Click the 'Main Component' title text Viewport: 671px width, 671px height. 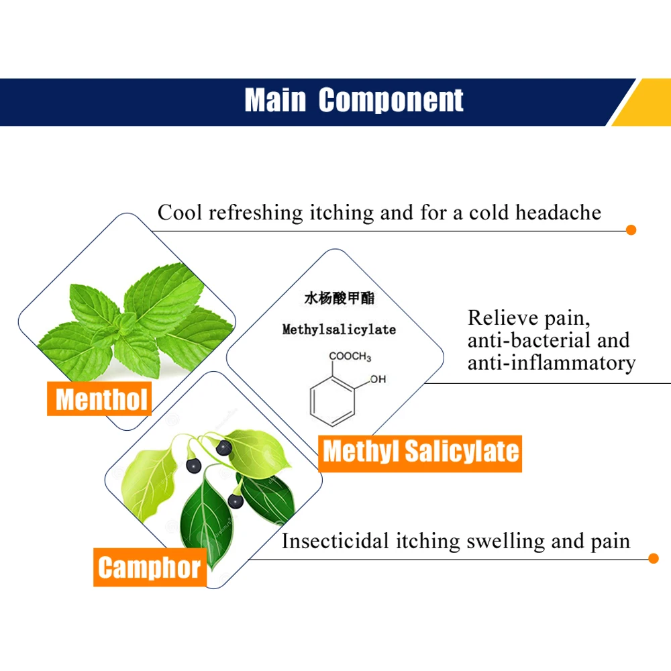pyautogui.click(x=354, y=100)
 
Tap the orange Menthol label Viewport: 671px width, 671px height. pyautogui.click(x=99, y=399)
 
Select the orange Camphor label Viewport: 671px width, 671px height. pyautogui.click(x=150, y=567)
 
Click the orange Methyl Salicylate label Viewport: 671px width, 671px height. pyautogui.click(x=420, y=453)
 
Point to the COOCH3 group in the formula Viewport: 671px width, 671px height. pyautogui.click(x=350, y=356)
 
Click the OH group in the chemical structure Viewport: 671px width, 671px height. pyautogui.click(x=378, y=379)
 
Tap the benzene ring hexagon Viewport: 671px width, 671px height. pyautogui.click(x=332, y=401)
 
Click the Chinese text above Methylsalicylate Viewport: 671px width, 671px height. pyautogui.click(x=340, y=299)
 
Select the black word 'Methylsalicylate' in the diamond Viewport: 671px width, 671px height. pyautogui.click(x=339, y=329)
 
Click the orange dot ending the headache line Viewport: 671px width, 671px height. pyautogui.click(x=631, y=230)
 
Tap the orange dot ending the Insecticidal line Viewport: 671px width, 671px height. pyautogui.click(x=654, y=558)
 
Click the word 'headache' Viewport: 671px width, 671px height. pyautogui.click(x=558, y=213)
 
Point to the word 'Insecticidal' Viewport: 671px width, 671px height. pyautogui.click(x=335, y=541)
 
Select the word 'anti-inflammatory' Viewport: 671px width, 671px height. pyautogui.click(x=551, y=363)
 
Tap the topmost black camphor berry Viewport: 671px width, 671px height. pyautogui.click(x=224, y=448)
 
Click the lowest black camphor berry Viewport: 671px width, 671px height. pyautogui.click(x=236, y=501)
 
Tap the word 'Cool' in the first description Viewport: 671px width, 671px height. pyautogui.click(x=180, y=213)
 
